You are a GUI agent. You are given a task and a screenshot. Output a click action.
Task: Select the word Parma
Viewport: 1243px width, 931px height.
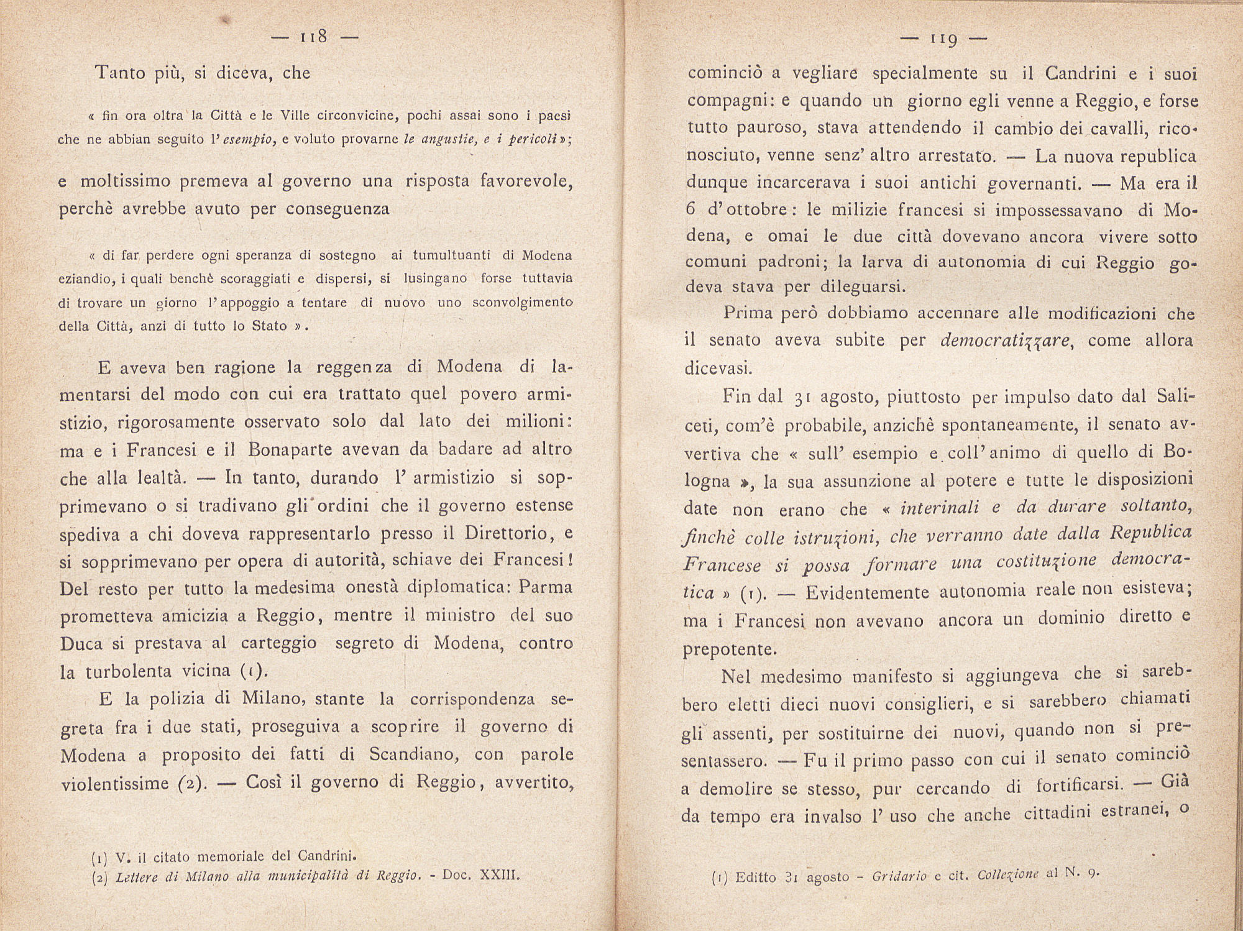[x=545, y=587]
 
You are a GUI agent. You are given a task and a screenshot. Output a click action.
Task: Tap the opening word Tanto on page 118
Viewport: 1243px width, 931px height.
[x=120, y=73]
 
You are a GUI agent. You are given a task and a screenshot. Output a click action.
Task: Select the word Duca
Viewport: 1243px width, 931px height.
[x=81, y=643]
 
